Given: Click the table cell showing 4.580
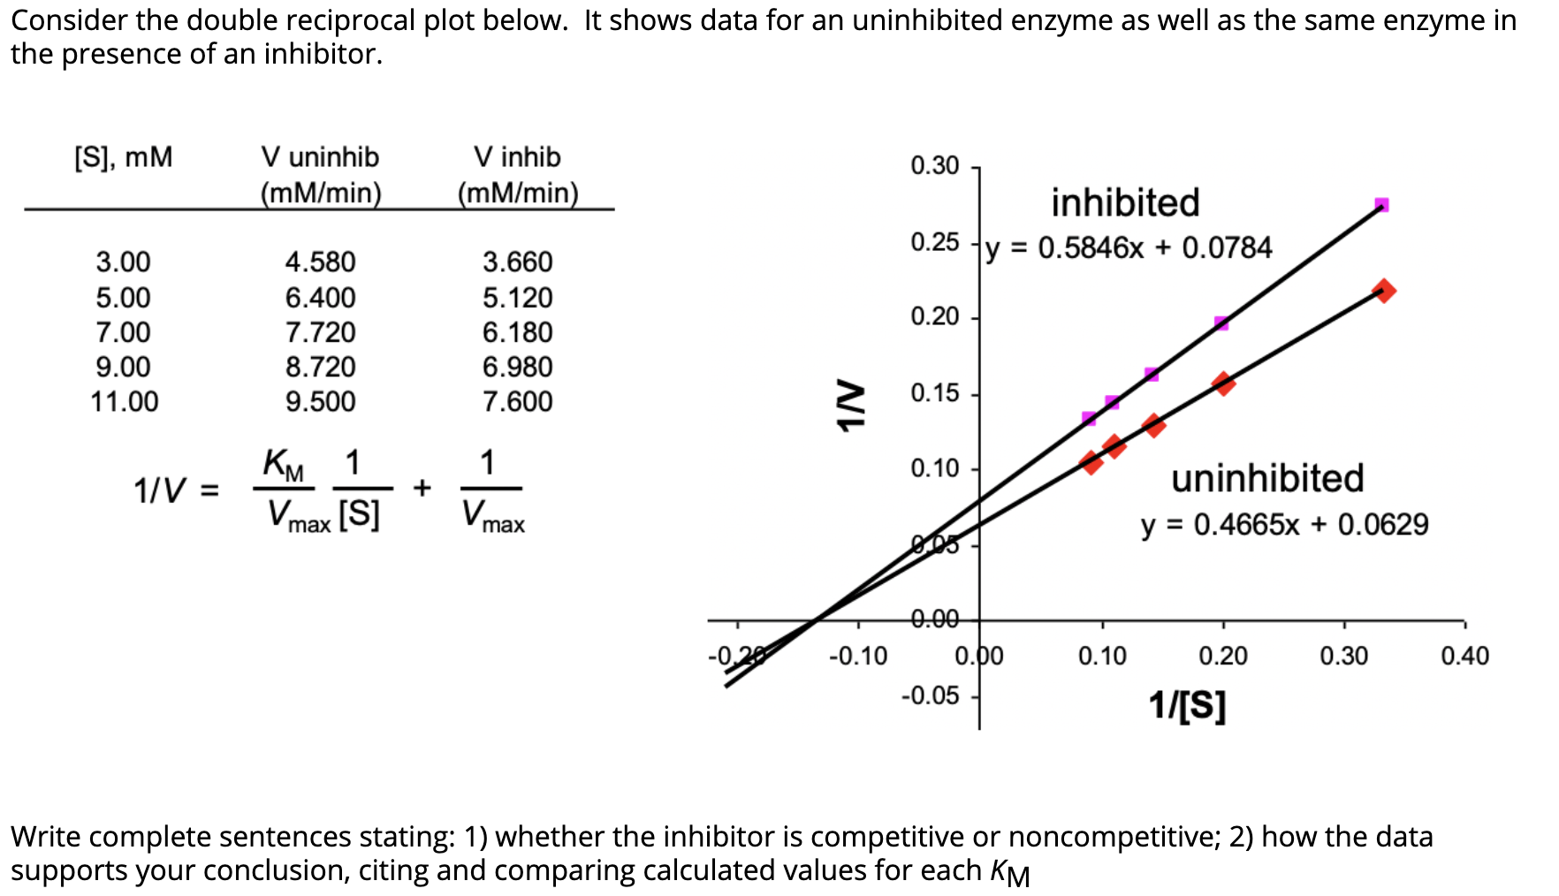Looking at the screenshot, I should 320,262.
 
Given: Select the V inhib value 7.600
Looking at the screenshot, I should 517,402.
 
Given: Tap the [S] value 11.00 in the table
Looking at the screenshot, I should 124,402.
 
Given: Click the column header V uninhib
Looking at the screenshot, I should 320,157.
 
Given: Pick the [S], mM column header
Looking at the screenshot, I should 123,157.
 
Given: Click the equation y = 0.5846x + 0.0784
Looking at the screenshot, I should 1129,248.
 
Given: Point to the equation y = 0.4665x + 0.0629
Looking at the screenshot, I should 1284,525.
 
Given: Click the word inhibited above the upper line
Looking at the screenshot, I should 1125,203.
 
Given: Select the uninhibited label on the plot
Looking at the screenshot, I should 1267,478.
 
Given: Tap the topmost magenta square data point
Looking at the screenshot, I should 1382,205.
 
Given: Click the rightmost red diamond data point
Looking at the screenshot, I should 1384,291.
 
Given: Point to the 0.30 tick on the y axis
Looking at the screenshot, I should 935,166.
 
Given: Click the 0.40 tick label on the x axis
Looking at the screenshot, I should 1464,657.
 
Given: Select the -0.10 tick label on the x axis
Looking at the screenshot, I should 858,657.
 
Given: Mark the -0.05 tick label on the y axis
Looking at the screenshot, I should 930,696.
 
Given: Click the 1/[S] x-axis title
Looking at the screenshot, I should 1187,705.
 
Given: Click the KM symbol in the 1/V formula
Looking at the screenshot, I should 283,464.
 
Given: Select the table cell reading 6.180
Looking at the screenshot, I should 517,332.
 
